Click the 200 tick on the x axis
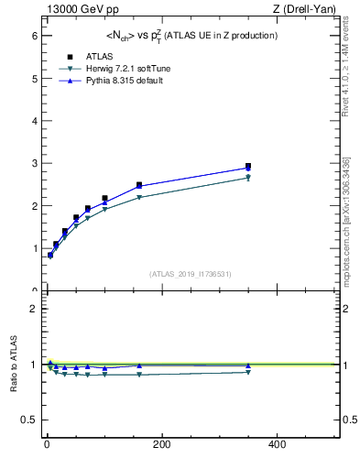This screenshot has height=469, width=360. (x=161, y=445)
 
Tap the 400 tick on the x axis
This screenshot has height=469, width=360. (x=276, y=445)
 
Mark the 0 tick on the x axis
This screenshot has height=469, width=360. (x=47, y=445)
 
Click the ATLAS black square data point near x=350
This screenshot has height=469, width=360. (x=247, y=167)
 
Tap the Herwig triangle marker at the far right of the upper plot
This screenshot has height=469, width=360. (x=247, y=178)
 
